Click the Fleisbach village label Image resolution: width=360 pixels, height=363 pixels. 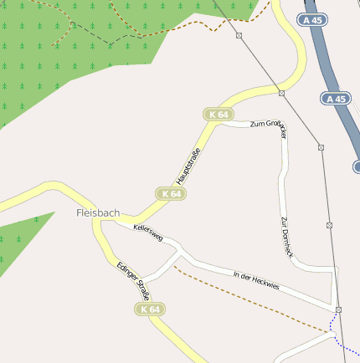tap(98, 213)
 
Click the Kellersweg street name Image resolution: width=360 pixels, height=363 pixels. tap(129, 229)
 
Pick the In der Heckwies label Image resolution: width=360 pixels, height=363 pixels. tap(256, 280)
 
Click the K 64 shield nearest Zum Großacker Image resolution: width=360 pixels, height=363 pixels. tap(219, 114)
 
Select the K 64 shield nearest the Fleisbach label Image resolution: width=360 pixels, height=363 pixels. tap(171, 193)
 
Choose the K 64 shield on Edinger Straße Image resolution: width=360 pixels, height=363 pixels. tap(150, 309)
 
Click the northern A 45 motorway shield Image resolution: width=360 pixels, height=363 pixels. tap(312, 19)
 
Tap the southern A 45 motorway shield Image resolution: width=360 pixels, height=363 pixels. tap(335, 99)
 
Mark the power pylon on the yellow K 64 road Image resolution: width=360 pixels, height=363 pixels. tap(282, 93)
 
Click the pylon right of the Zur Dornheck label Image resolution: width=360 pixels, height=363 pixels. tap(329, 225)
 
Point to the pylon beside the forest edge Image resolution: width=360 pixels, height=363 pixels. tap(239, 36)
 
